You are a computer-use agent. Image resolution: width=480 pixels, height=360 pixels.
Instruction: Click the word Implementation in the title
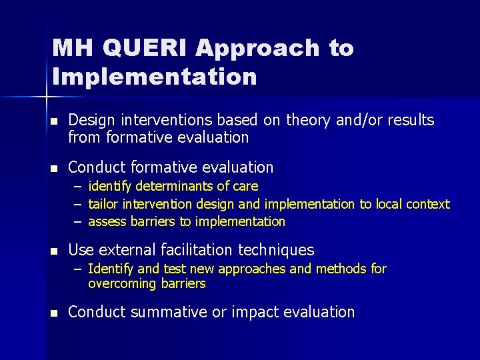[x=154, y=76]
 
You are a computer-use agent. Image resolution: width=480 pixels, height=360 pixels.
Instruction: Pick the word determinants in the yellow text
[x=159, y=186]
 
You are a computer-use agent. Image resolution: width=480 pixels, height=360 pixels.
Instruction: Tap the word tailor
[x=103, y=204]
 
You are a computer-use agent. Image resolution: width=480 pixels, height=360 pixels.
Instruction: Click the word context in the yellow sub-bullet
[x=427, y=204]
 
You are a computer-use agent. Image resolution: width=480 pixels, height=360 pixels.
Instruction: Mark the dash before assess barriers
[x=78, y=221]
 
